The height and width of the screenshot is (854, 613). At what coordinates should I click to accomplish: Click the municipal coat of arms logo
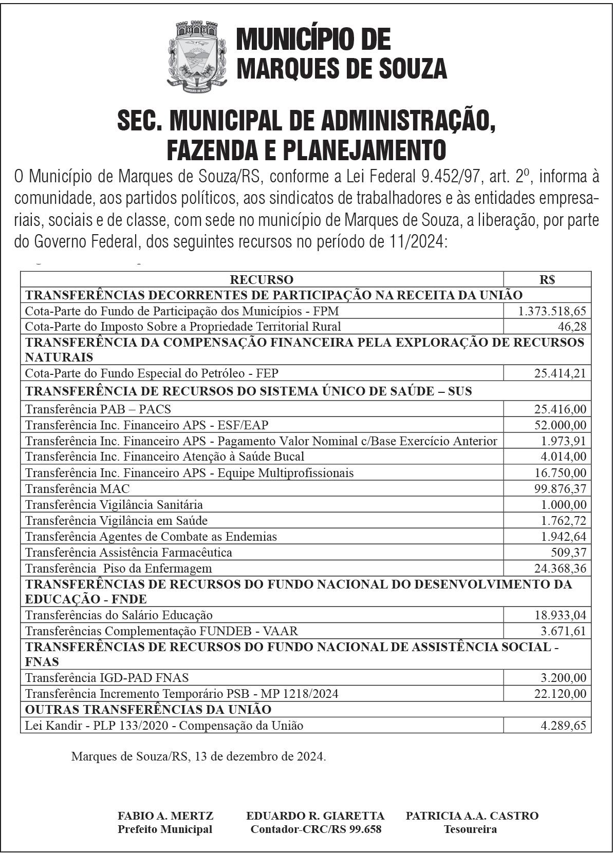(197, 56)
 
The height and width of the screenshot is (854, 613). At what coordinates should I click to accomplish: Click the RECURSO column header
(262, 280)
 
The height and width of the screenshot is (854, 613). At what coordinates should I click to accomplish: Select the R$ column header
(547, 280)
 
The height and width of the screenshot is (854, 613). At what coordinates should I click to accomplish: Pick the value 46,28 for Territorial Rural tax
(572, 327)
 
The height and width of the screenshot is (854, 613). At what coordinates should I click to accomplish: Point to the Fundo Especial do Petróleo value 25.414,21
(560, 373)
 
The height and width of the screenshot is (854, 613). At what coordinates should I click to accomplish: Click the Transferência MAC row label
(78, 488)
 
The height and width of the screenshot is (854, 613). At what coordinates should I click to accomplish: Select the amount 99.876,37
(560, 488)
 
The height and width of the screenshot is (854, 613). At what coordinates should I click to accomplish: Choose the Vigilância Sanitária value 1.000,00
(563, 504)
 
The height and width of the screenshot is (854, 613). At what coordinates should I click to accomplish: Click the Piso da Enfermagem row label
(119, 568)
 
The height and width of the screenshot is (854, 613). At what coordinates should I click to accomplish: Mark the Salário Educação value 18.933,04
(560, 615)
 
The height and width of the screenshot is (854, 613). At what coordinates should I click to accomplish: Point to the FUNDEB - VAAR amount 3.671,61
(563, 631)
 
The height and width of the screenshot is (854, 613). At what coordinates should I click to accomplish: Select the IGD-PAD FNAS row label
(107, 678)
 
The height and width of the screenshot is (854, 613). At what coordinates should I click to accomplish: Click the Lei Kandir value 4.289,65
(563, 726)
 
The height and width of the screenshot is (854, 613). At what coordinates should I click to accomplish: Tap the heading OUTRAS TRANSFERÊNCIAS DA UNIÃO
(148, 710)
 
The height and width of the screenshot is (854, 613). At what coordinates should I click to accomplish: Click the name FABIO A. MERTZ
(165, 816)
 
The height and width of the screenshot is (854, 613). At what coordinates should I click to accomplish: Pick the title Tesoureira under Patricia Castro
(470, 829)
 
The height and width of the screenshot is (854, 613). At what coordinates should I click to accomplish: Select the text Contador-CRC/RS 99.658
(315, 829)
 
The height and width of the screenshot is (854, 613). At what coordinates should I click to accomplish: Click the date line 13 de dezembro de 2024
(198, 756)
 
